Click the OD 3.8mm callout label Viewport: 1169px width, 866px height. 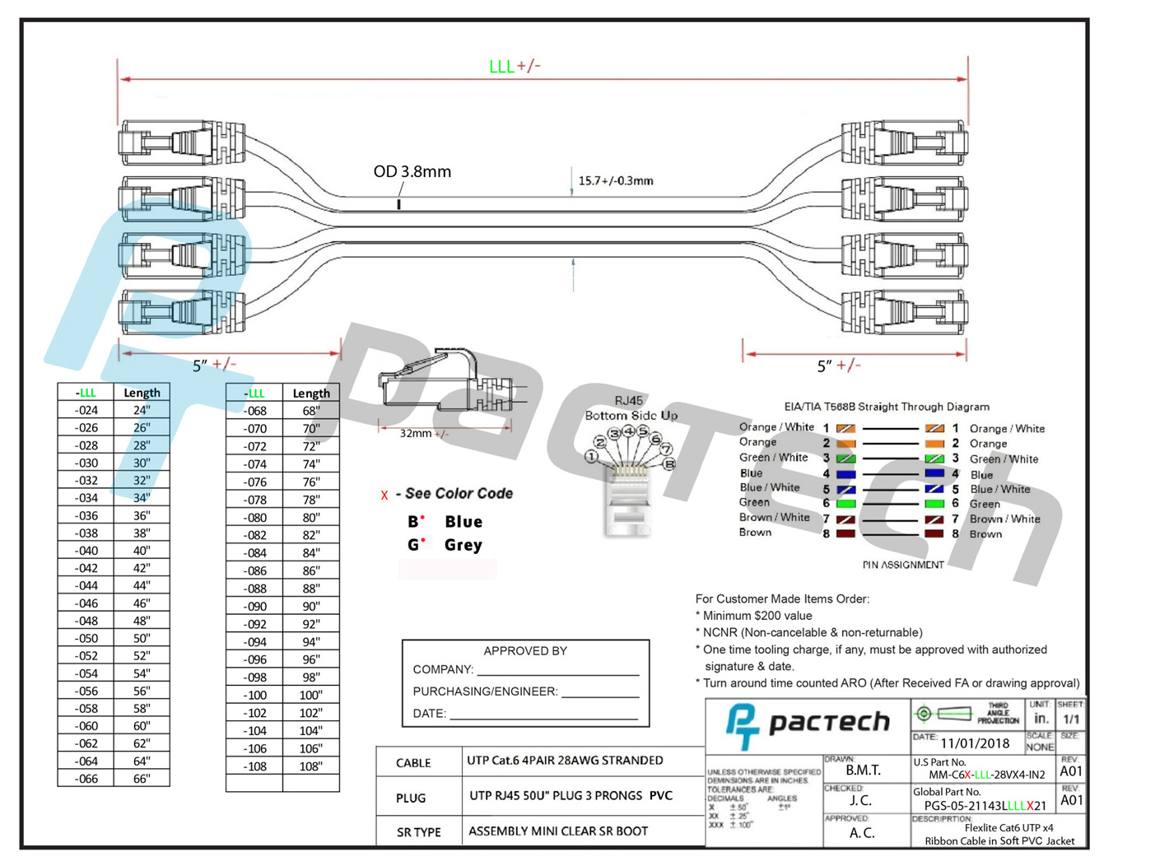(412, 172)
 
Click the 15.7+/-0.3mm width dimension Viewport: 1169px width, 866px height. (615, 181)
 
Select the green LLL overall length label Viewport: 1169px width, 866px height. (501, 67)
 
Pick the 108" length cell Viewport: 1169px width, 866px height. (310, 766)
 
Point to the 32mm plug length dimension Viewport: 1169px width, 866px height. (423, 434)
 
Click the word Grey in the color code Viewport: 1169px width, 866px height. (463, 545)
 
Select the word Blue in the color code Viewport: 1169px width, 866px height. (463, 522)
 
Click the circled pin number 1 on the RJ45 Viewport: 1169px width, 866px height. (591, 455)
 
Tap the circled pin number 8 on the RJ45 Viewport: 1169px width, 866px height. (670, 464)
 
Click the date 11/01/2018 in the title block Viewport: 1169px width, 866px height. (975, 743)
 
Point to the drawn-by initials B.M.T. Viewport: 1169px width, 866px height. (863, 771)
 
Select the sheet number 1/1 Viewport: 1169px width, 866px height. (1071, 719)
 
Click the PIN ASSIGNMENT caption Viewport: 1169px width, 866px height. (903, 565)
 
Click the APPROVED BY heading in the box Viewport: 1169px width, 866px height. (525, 651)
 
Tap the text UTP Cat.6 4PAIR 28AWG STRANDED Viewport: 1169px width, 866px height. (565, 761)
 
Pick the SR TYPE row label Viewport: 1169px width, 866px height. (418, 832)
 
